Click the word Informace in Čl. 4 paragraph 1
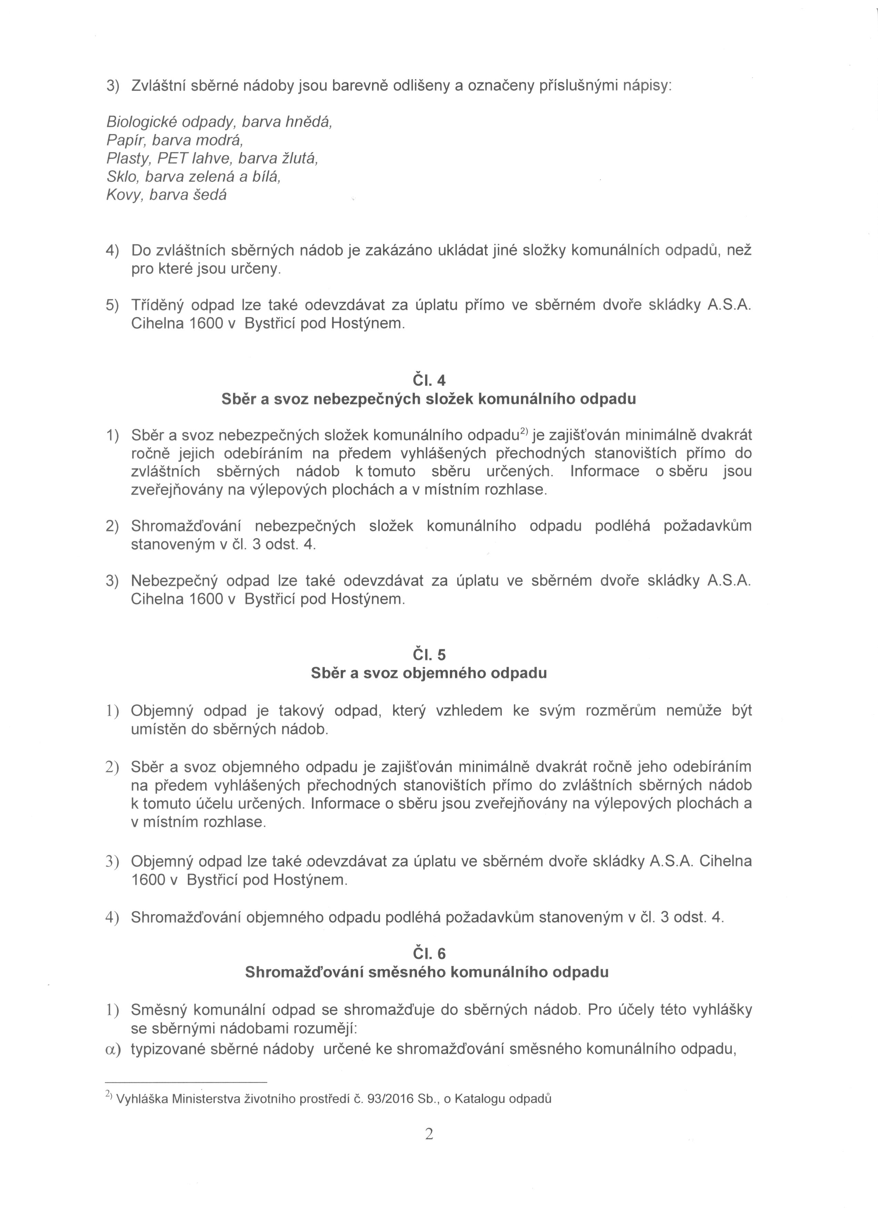pyautogui.click(x=605, y=471)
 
